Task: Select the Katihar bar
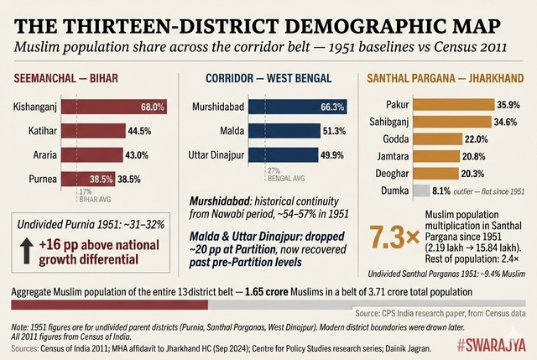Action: pyautogui.click(x=88, y=132)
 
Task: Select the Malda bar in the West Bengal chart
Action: pyautogui.click(x=285, y=132)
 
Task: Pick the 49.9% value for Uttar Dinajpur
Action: pyautogui.click(x=331, y=155)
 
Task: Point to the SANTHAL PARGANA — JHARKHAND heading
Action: pyautogui.click(x=446, y=78)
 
